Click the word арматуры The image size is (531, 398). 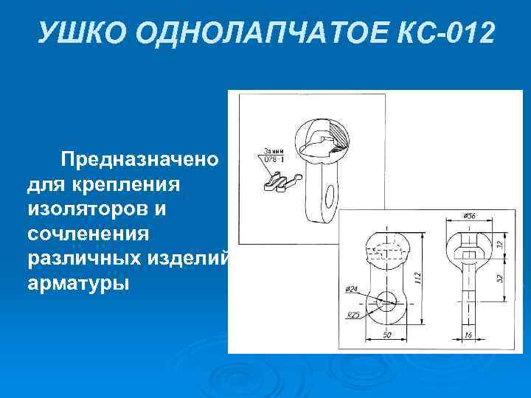coord(79,284)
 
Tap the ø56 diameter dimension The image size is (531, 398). coord(468,216)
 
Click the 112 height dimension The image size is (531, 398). coord(417,279)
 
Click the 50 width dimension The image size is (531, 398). coord(386,337)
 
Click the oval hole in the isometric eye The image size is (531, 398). coord(329,195)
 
